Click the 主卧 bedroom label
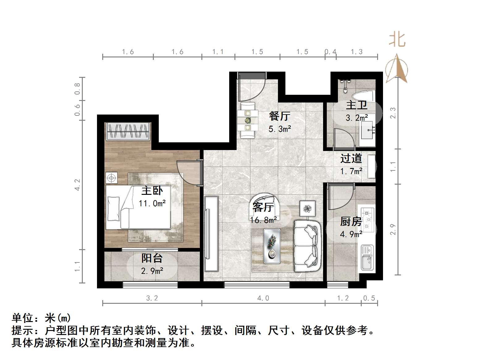coord(152,191)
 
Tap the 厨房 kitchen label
coord(351,221)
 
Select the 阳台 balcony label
coord(152,258)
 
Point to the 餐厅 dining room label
coord(280,116)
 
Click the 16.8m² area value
coord(263,220)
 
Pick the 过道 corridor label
coord(351,158)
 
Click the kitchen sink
coord(367,258)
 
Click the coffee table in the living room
coord(272,246)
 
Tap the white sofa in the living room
coord(306,246)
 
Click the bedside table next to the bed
coord(112,178)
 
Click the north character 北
coord(397,40)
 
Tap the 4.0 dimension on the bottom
coord(263,298)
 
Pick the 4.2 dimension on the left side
coord(77,185)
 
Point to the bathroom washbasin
coord(368,130)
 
